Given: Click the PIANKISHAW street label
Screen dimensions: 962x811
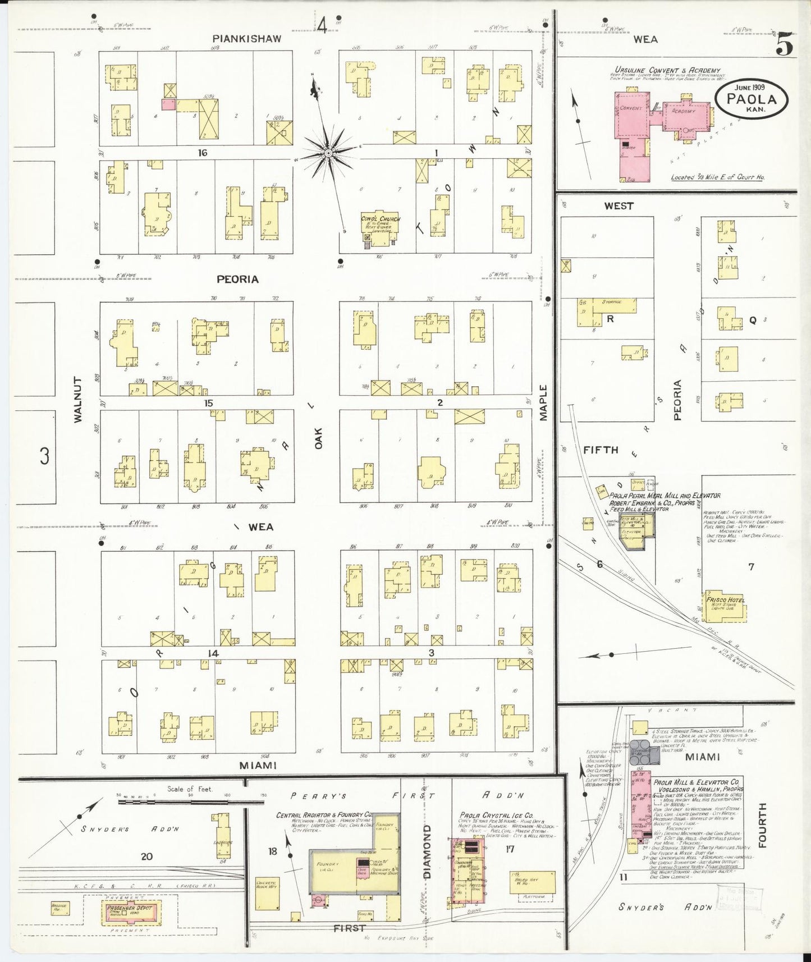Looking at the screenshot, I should (246, 39).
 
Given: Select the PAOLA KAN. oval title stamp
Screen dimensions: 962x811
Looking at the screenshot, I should (752, 99).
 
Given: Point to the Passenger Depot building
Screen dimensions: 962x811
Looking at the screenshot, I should (129, 913).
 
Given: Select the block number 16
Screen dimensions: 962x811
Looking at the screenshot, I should (202, 152).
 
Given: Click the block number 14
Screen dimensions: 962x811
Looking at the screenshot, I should (212, 653).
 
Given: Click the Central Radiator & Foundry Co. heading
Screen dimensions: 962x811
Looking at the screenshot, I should (324, 814).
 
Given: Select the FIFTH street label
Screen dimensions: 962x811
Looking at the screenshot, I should (600, 450).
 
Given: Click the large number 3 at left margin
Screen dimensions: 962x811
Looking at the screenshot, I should (44, 456).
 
